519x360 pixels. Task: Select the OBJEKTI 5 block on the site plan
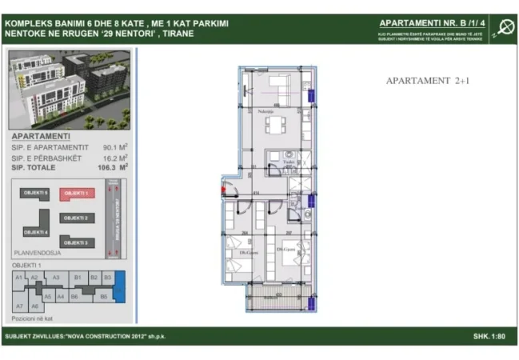pos(35,194)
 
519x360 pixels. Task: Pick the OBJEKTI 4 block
pos(35,232)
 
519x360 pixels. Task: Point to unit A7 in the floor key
pos(19,306)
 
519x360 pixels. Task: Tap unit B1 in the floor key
pos(78,278)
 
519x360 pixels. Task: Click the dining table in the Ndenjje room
pos(275,126)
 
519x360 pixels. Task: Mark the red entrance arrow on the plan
pos(223,190)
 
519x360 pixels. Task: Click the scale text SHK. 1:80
pos(491,336)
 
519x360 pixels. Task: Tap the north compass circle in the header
pos(505,26)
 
